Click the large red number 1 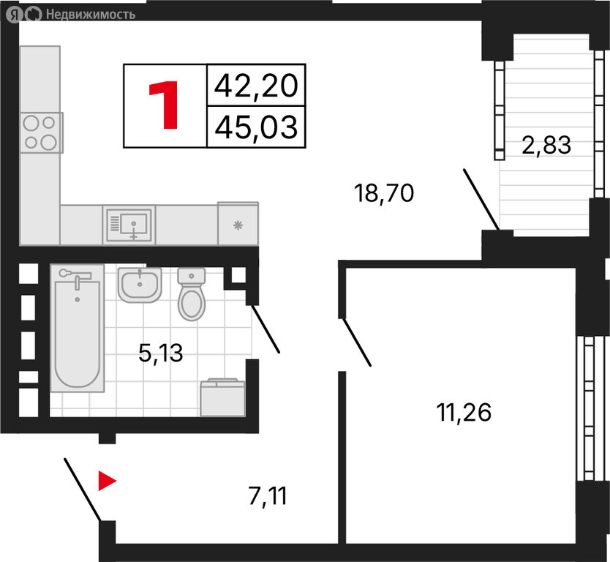pos(164,105)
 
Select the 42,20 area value pos(256,86)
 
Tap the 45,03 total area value pos(256,127)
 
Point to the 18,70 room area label pos(384,193)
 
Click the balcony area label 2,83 pos(546,145)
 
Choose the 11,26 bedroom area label pos(464,413)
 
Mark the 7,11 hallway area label pos(268,496)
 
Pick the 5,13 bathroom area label pos(161,353)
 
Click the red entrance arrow pos(107,481)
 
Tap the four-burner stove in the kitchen pos(41,132)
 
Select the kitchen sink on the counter pos(129,225)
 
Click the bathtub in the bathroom pos(78,328)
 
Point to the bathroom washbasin pos(140,285)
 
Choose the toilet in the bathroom pos(192,294)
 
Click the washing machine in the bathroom pos(222,397)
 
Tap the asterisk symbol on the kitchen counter pos(238,225)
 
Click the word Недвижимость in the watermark pos(91,15)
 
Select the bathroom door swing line pos(266,329)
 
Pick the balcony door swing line pos(481,199)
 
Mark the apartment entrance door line pos(83,490)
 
